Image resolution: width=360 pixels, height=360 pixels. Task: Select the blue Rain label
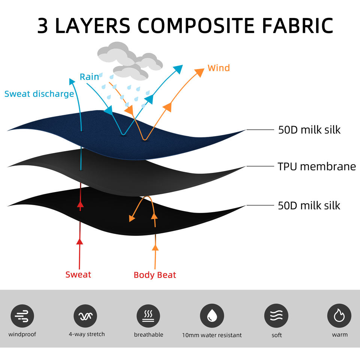[89, 77]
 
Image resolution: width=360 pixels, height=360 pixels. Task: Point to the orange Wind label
[219, 68]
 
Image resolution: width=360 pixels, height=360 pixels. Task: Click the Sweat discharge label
[39, 94]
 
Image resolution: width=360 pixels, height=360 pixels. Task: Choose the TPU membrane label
[316, 166]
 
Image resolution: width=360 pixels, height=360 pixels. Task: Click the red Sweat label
[78, 274]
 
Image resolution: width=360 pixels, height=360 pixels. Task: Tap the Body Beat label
[155, 275]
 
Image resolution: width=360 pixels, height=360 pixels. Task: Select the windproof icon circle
[22, 316]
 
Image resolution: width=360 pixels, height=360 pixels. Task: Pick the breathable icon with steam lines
[148, 316]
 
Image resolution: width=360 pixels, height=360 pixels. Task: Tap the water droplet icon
[212, 316]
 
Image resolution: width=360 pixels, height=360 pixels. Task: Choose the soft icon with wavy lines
[276, 316]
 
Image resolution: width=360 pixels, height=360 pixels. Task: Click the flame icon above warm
[339, 316]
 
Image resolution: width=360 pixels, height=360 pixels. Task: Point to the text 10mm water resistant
[212, 335]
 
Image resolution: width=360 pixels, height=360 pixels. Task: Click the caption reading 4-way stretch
[87, 334]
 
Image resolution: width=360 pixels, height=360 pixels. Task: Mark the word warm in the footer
[339, 334]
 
